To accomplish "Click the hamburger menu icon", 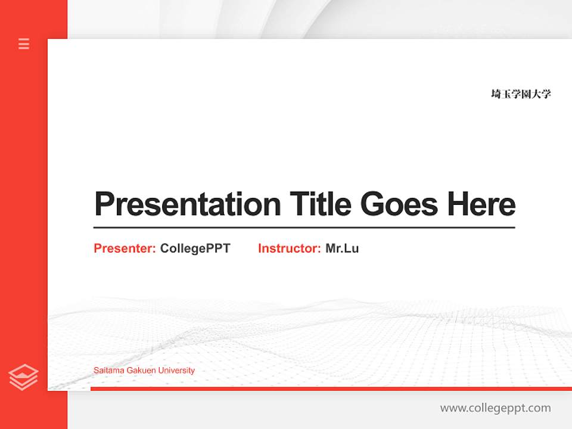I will (24, 43).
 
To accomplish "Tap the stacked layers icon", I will (23, 377).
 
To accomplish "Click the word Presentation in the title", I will (187, 204).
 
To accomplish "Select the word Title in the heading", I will (320, 204).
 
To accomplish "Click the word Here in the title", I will (481, 204).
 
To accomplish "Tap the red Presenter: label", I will (125, 248).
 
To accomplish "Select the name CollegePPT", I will (195, 248).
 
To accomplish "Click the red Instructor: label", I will (289, 248).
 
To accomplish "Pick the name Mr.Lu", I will (342, 248).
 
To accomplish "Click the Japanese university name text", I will (521, 94).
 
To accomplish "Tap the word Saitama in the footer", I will (108, 371).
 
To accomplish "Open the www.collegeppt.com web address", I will (495, 408).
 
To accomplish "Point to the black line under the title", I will (304, 228).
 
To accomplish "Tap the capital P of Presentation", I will (104, 204).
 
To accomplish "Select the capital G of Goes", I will (372, 204).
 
